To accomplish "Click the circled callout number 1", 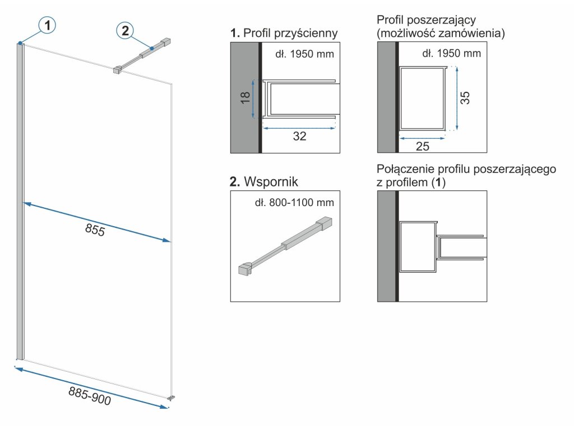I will [x=48, y=25].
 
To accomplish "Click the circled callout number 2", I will [x=124, y=30].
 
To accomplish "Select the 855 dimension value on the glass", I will [x=95, y=230].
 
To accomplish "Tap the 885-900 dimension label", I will [x=90, y=396].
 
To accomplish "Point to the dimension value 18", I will [x=244, y=99].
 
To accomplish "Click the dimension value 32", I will [x=300, y=136].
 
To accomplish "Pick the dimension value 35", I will [x=465, y=98].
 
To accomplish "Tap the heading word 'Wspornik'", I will [x=271, y=182].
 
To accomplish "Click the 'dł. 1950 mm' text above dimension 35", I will [x=451, y=54].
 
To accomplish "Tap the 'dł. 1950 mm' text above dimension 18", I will [x=305, y=54].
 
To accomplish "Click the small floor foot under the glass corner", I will [x=172, y=398].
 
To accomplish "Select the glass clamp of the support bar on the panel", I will [x=118, y=71].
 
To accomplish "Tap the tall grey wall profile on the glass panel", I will [x=20, y=202].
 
